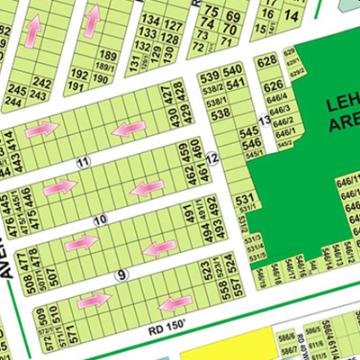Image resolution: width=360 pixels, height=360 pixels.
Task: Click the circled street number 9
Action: (122, 274)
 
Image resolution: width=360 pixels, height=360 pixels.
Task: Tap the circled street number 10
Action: (99, 220)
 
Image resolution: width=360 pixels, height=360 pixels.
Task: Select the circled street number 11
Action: (83, 162)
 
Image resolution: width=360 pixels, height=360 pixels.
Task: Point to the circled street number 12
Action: (212, 159)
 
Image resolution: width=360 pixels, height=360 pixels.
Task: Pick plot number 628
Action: (265, 62)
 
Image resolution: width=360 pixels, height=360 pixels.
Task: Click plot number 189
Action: (108, 56)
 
